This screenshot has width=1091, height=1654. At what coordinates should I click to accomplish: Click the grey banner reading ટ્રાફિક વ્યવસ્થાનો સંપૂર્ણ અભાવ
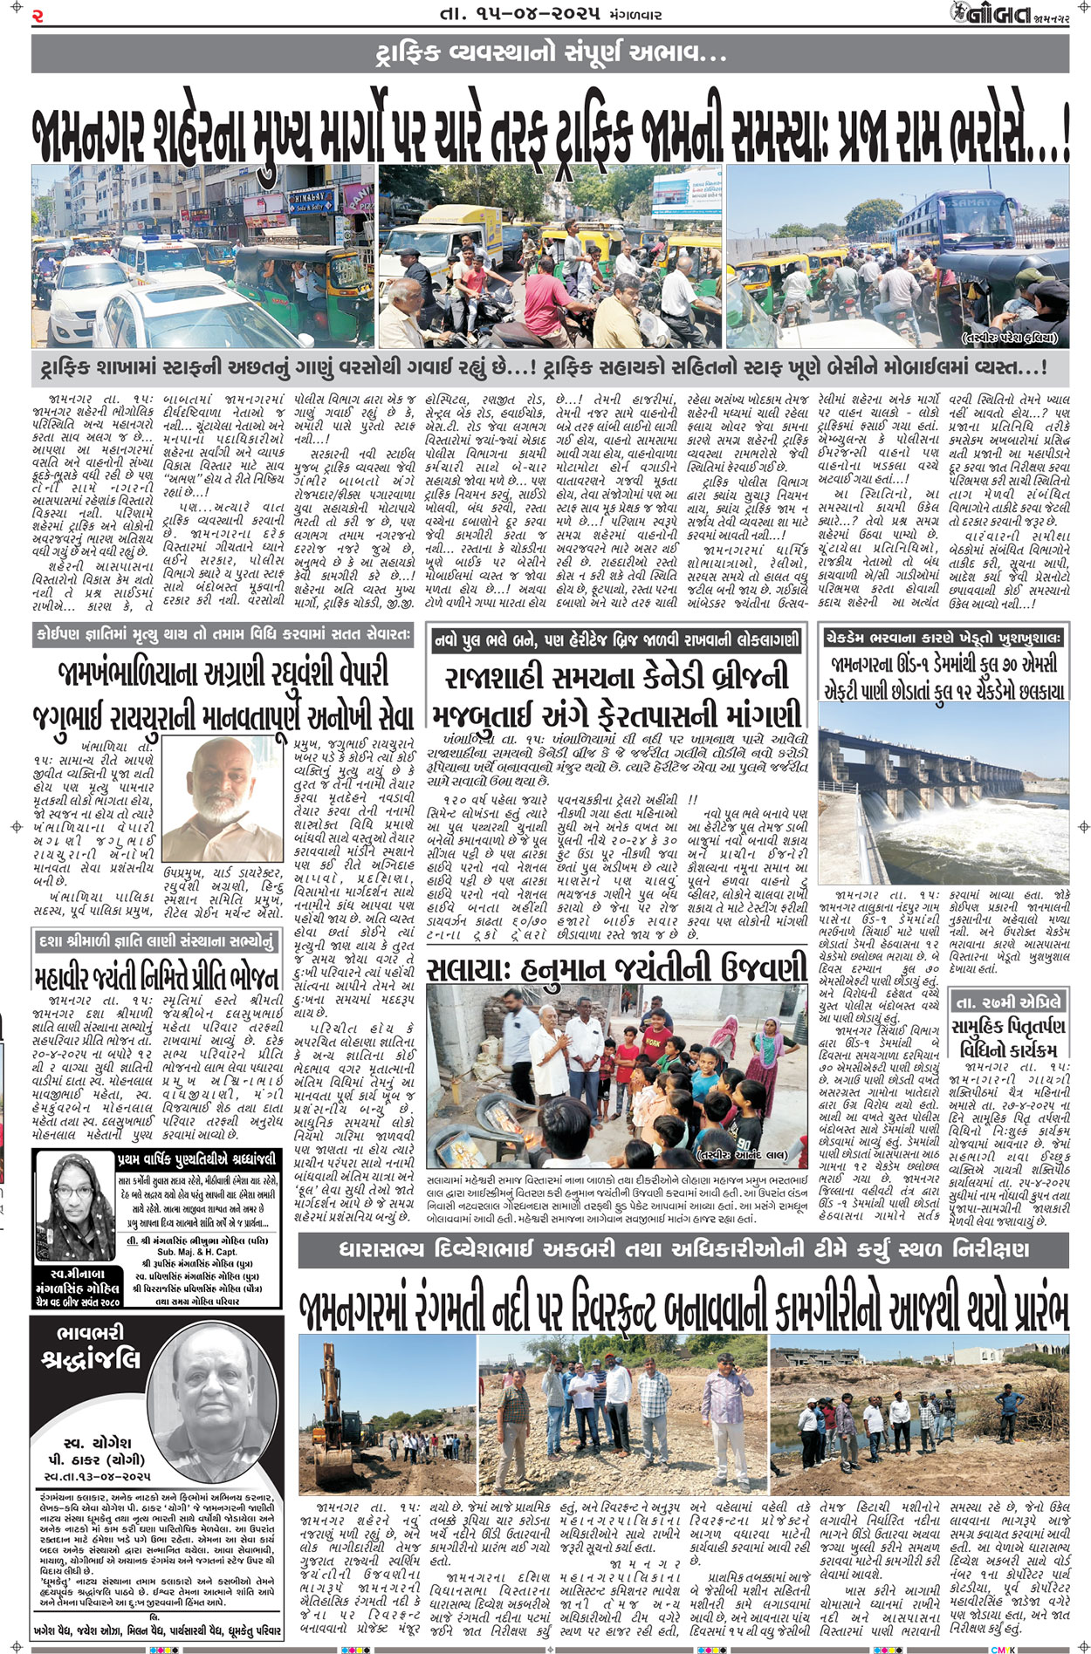[x=550, y=55]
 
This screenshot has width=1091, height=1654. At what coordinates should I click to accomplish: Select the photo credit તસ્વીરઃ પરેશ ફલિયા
[x=1010, y=338]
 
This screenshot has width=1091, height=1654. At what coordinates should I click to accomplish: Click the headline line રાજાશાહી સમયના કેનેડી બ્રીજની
[x=616, y=678]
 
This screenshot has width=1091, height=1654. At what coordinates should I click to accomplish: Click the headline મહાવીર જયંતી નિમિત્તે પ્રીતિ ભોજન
[x=158, y=975]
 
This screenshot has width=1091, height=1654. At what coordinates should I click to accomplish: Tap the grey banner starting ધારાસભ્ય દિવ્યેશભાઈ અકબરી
[x=683, y=1250]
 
